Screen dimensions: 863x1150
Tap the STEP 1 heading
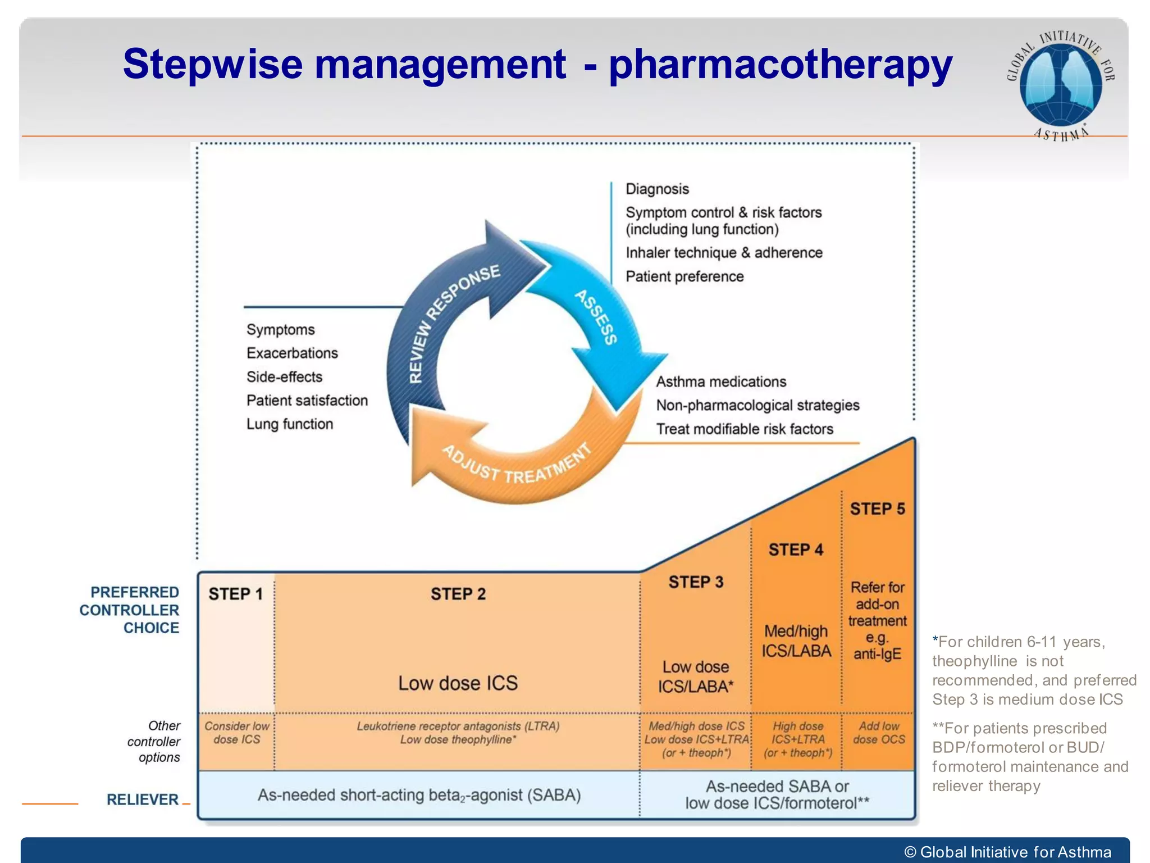235,594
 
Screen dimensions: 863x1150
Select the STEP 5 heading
877,509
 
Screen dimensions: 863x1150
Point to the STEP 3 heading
696,582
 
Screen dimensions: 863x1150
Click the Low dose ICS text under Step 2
458,683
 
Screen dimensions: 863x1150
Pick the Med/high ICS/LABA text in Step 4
796,641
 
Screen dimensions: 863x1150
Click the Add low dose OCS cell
879,733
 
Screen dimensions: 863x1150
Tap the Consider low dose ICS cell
236,733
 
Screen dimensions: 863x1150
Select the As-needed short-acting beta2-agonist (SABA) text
419,795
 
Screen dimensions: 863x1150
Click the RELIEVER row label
143,800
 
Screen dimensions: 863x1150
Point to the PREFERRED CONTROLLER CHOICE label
130,610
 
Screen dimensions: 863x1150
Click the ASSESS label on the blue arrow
596,317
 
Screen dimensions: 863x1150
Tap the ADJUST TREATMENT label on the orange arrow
517,466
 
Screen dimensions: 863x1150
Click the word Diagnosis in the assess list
657,189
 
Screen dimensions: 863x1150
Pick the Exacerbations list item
292,353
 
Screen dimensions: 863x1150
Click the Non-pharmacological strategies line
757,405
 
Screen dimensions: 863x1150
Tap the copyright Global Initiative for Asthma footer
1008,852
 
